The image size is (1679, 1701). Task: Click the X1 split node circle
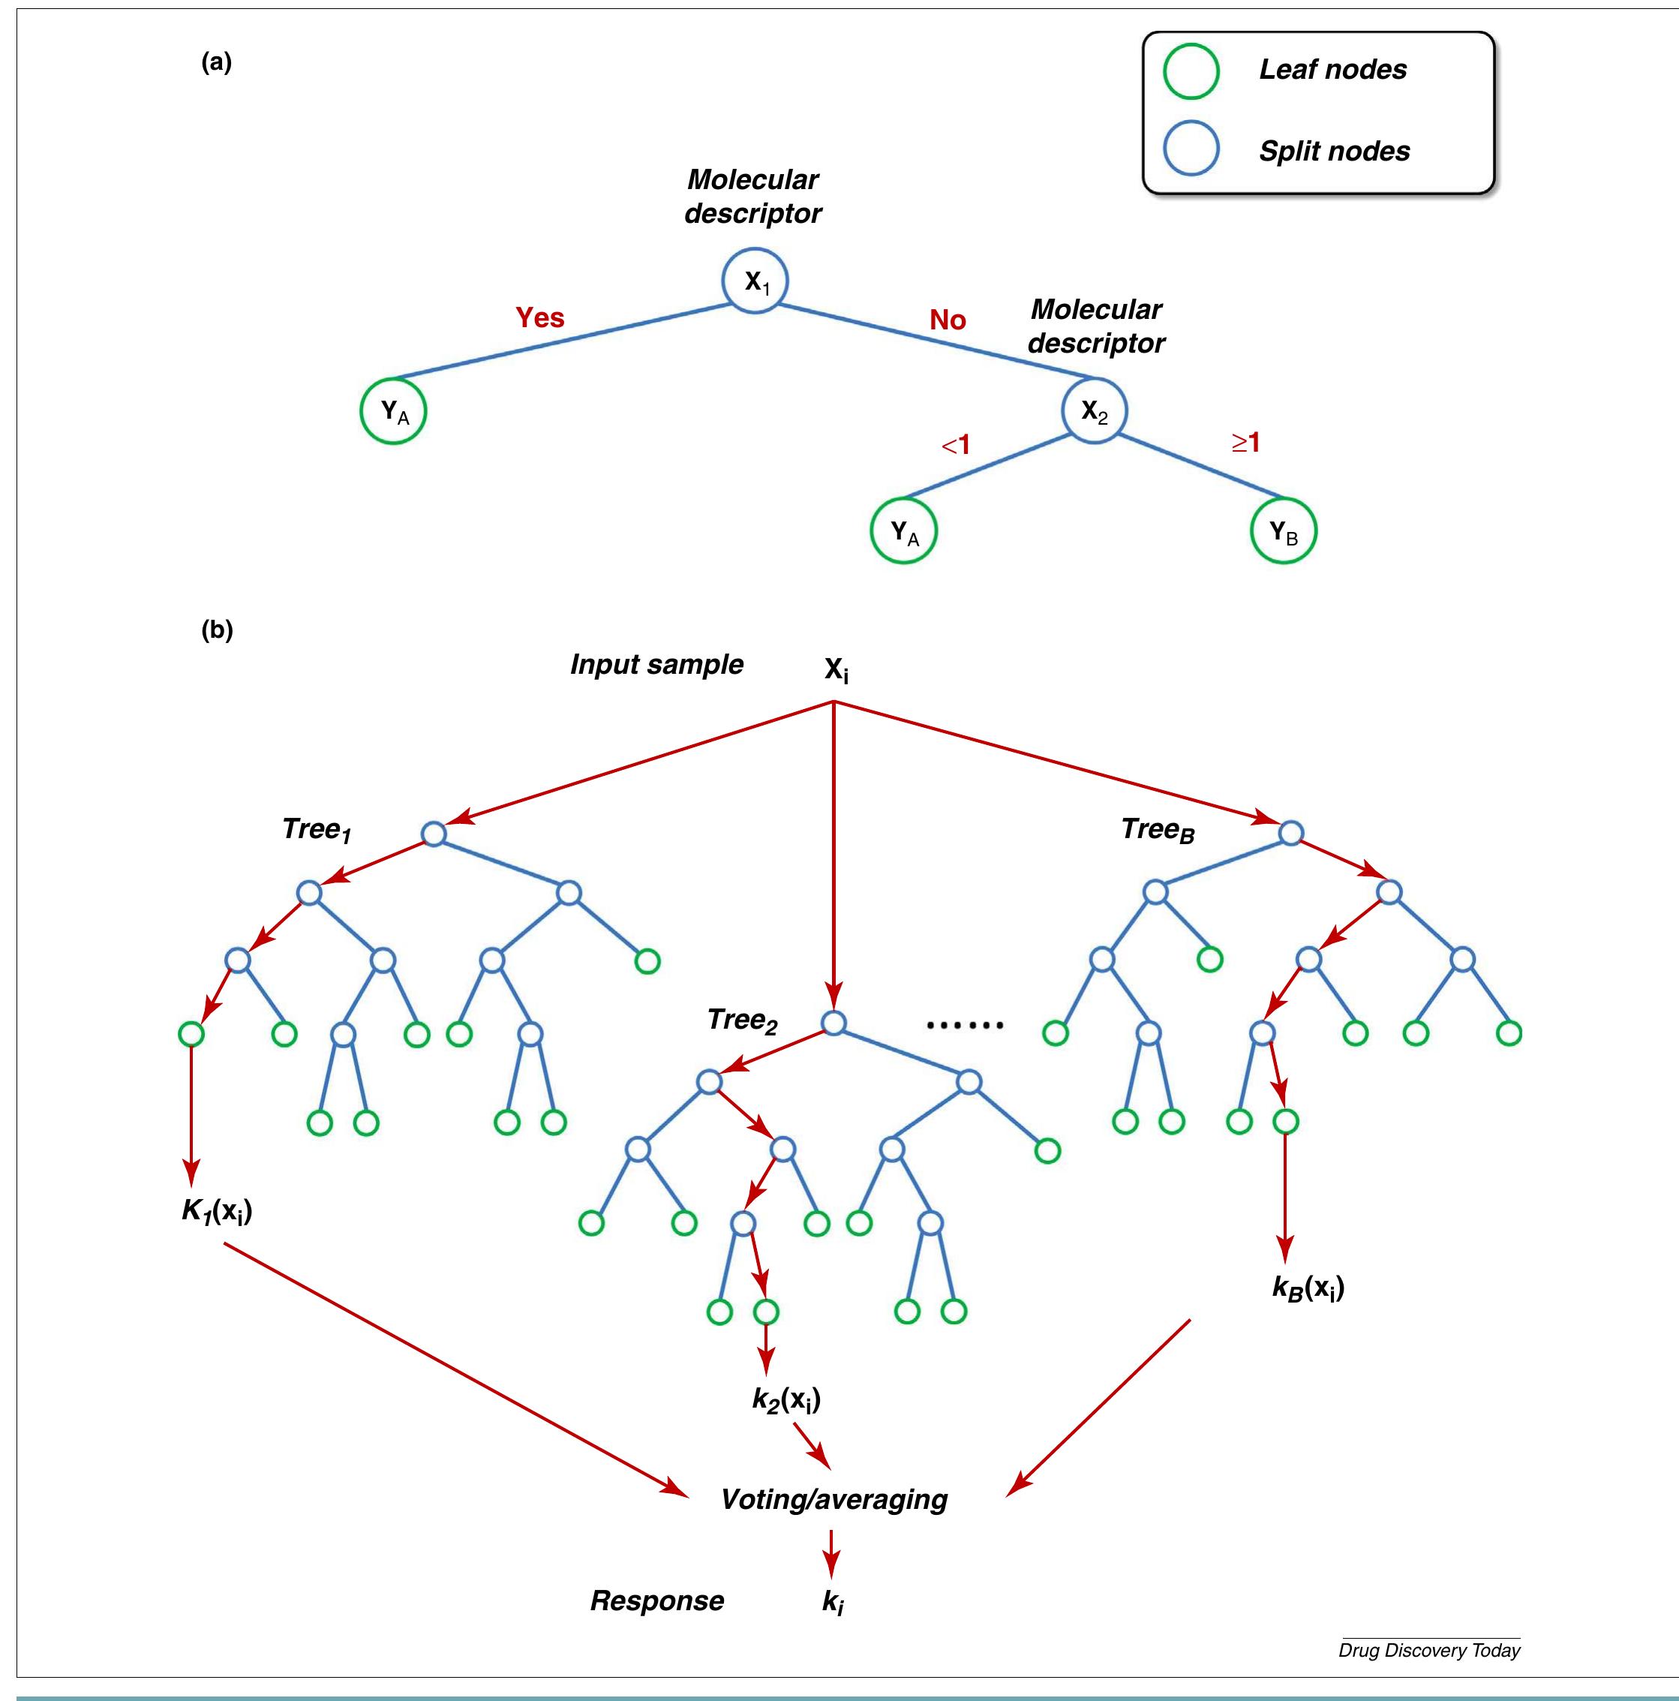(755, 281)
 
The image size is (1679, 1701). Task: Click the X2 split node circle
(1095, 410)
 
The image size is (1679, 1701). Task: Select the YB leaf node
(1283, 531)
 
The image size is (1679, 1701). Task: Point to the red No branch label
(948, 320)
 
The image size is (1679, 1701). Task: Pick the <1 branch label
(956, 446)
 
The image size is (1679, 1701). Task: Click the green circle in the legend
(1191, 71)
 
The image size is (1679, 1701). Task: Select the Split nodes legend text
(1334, 151)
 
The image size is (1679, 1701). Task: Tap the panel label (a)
(217, 62)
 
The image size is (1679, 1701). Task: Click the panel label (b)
(217, 630)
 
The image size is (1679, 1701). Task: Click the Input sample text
(656, 664)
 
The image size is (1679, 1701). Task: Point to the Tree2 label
(741, 1020)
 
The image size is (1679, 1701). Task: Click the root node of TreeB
(1290, 833)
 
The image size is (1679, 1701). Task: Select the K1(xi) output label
(217, 1212)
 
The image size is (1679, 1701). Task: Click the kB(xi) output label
(1308, 1288)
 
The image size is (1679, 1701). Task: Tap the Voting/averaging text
(833, 1499)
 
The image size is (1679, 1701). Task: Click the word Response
(656, 1600)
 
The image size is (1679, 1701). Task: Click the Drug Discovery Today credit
(1429, 1651)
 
